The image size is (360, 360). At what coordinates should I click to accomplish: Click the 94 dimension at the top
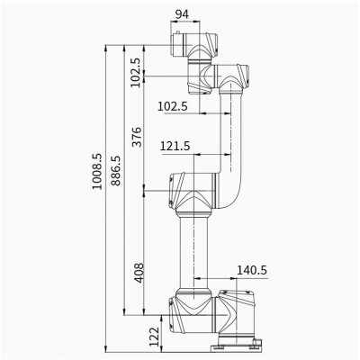click(x=182, y=14)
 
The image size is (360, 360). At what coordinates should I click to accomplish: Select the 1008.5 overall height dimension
click(x=97, y=171)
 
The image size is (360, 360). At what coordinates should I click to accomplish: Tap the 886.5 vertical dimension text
click(x=116, y=170)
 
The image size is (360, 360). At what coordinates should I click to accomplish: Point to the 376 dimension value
click(x=137, y=137)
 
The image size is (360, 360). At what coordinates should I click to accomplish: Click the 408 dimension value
click(x=139, y=273)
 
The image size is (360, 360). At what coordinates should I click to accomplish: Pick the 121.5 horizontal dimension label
click(x=175, y=146)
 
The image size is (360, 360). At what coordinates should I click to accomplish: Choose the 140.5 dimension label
click(x=252, y=270)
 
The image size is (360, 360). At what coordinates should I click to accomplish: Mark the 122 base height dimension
click(x=155, y=337)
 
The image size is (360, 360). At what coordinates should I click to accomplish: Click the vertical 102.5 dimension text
click(x=136, y=72)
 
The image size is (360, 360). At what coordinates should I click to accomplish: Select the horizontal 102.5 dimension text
click(x=173, y=106)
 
